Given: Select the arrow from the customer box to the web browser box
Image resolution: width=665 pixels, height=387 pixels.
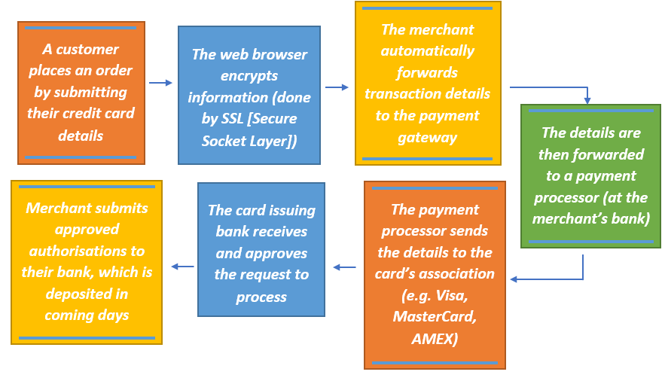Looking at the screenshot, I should pos(160,83).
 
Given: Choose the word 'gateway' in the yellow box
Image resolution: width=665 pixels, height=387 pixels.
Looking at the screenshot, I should pos(427,137).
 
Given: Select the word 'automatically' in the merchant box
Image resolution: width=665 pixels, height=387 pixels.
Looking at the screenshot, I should pos(427,51).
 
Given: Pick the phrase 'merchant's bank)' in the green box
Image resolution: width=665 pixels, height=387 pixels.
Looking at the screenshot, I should pos(590,219).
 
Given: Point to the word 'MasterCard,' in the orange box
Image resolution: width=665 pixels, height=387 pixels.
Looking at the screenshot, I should pos(435,317).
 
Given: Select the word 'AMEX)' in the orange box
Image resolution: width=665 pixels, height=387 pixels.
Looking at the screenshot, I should pos(435,338).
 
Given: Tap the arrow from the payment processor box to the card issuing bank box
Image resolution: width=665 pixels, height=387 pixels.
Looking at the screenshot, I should pos(345,267).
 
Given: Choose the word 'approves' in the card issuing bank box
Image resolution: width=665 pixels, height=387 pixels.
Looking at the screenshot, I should pos(279,253).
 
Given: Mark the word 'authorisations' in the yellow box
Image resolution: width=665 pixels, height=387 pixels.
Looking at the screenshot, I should pos(86,251).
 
